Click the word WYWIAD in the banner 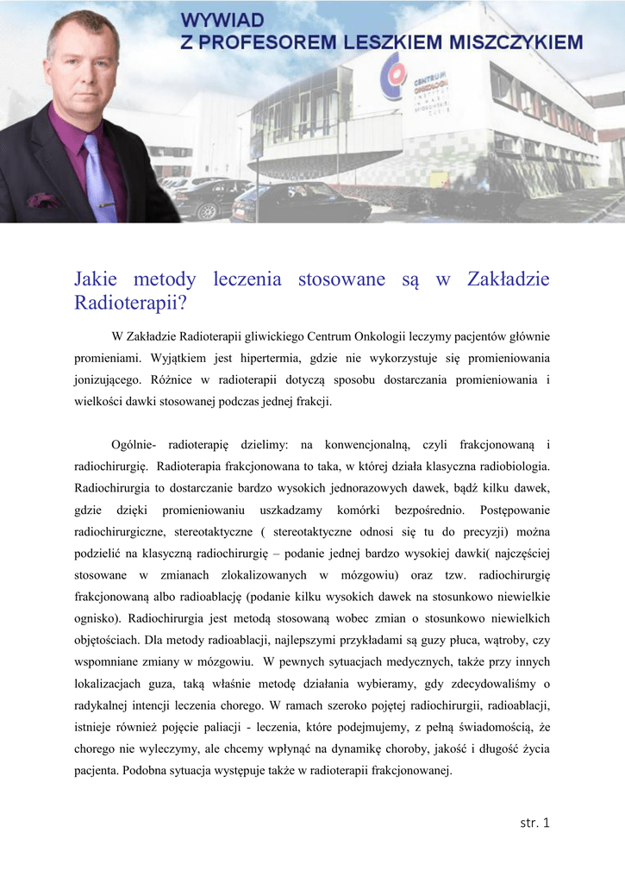(x=223, y=19)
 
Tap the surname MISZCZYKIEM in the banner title (x=509, y=41)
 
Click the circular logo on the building (x=397, y=72)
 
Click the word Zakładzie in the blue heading (x=508, y=279)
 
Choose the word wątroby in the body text (x=496, y=640)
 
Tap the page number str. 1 (x=534, y=823)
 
